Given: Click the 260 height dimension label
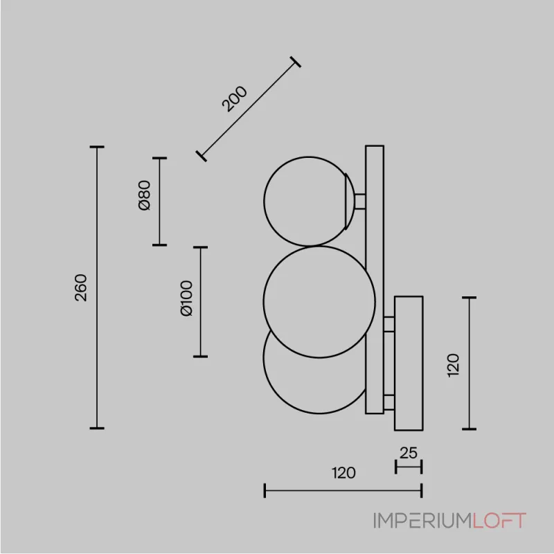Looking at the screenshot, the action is pyautogui.click(x=81, y=287).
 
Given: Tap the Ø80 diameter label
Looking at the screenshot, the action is pyautogui.click(x=144, y=195).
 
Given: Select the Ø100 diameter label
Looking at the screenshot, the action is pyautogui.click(x=186, y=298).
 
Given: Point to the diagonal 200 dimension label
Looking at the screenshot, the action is pyautogui.click(x=234, y=98).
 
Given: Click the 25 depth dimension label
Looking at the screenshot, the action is pyautogui.click(x=409, y=453).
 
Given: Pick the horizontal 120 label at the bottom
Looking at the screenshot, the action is pyautogui.click(x=343, y=473).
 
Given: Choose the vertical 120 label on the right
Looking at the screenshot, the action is pyautogui.click(x=453, y=365).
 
